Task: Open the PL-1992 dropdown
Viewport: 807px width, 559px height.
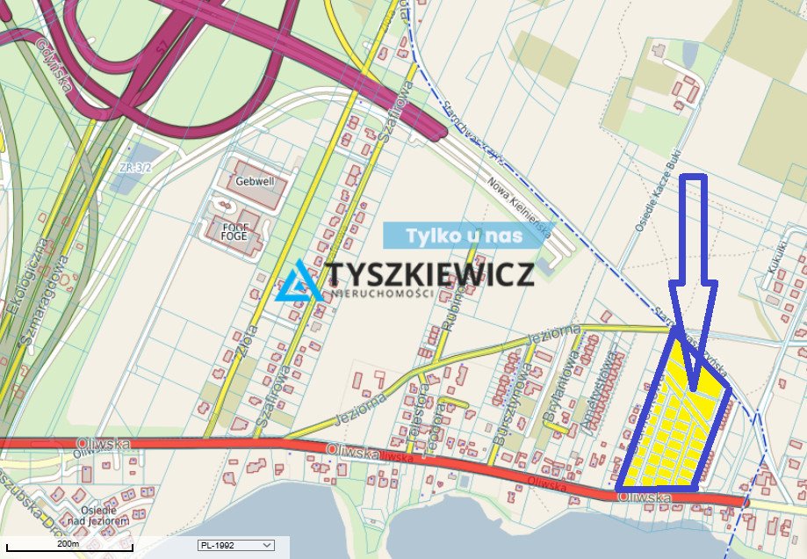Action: [x=236, y=546]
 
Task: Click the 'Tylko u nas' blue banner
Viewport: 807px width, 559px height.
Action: [x=465, y=236]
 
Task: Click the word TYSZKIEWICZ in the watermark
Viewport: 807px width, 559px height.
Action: [x=430, y=274]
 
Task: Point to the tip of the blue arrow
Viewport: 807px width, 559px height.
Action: [x=695, y=389]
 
